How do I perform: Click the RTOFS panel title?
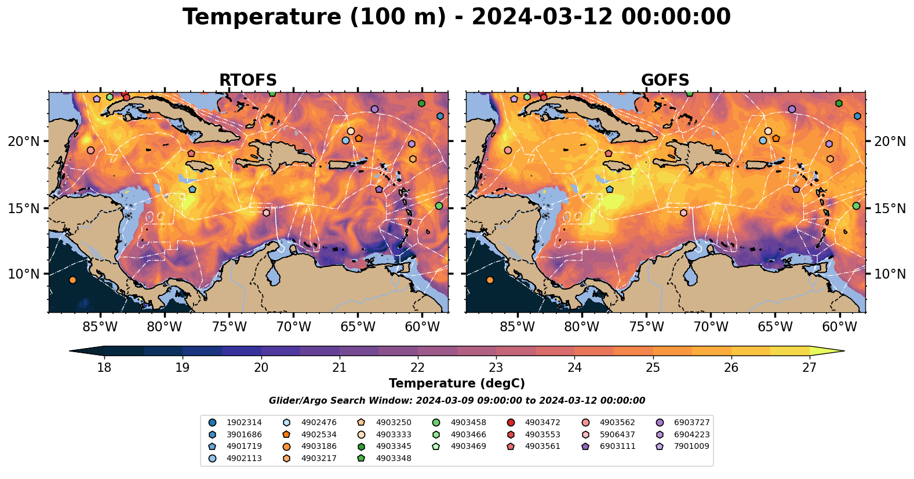[x=247, y=81]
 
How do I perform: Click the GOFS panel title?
[x=665, y=81]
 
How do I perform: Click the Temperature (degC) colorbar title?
[x=457, y=383]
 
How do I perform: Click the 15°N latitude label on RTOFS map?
[x=24, y=208]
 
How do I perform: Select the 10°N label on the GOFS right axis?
[x=890, y=274]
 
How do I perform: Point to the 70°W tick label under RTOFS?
[x=293, y=327]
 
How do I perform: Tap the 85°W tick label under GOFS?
[x=518, y=327]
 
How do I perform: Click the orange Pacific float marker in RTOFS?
[x=72, y=280]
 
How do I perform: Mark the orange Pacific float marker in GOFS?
[x=490, y=280]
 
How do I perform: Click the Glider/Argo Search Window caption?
[x=457, y=401]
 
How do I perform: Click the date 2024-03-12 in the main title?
[x=541, y=17]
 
